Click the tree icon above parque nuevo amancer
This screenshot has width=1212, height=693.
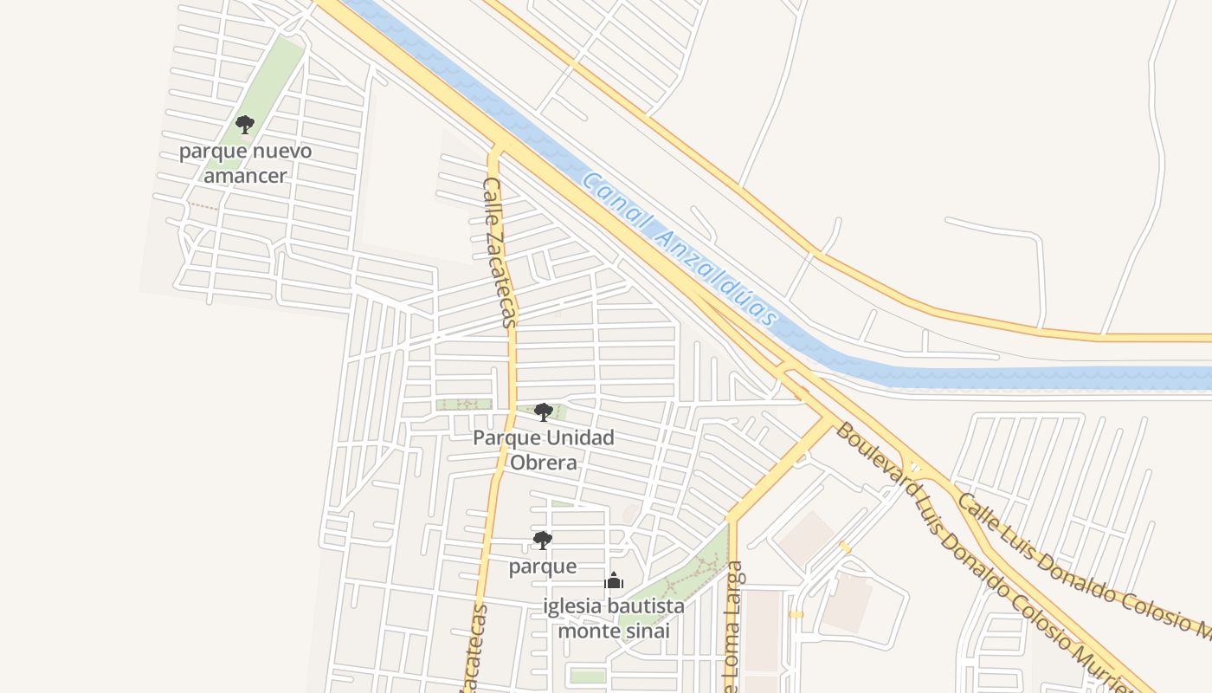coord(245,125)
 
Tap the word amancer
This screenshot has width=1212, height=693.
coord(245,175)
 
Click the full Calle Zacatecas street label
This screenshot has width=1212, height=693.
coord(499,252)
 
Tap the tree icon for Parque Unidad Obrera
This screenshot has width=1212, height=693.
coord(544,411)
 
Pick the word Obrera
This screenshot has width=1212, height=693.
coord(543,463)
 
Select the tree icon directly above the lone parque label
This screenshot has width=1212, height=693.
coord(542,541)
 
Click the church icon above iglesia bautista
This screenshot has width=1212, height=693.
coord(614,580)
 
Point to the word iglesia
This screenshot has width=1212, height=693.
coord(572,606)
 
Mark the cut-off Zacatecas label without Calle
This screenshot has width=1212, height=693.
coord(474,650)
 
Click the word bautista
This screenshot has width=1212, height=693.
coord(645,606)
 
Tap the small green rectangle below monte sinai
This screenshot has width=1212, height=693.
coord(588,676)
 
